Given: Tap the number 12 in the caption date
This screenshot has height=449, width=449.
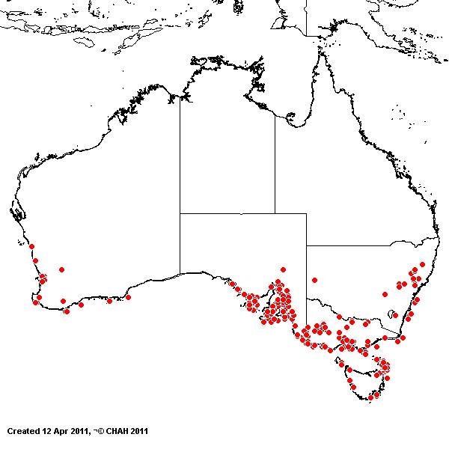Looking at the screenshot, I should pos(49,431).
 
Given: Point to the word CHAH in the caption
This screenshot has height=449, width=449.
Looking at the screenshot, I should pos(120,431).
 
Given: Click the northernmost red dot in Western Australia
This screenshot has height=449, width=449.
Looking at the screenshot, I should pos(31,246).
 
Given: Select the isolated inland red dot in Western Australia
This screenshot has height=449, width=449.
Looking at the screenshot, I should pos(61,269).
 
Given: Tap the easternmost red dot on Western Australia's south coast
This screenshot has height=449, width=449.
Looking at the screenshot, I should pos(129,297).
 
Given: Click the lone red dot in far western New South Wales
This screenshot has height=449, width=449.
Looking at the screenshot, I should pos(315,280).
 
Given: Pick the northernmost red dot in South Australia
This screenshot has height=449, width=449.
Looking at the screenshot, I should pos(283,269).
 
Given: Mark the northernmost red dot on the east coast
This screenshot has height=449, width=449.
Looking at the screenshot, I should pos(422,264).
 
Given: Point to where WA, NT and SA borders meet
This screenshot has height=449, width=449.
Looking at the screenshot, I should pos(180,214).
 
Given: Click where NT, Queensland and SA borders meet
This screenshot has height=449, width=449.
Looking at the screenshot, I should pos(275,214).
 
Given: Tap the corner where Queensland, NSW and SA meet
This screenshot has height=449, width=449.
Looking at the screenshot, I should pos(306,245).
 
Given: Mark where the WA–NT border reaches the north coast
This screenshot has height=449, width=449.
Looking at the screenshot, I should pos(180,97).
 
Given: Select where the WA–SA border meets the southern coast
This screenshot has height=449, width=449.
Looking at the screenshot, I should pos(180,273).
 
